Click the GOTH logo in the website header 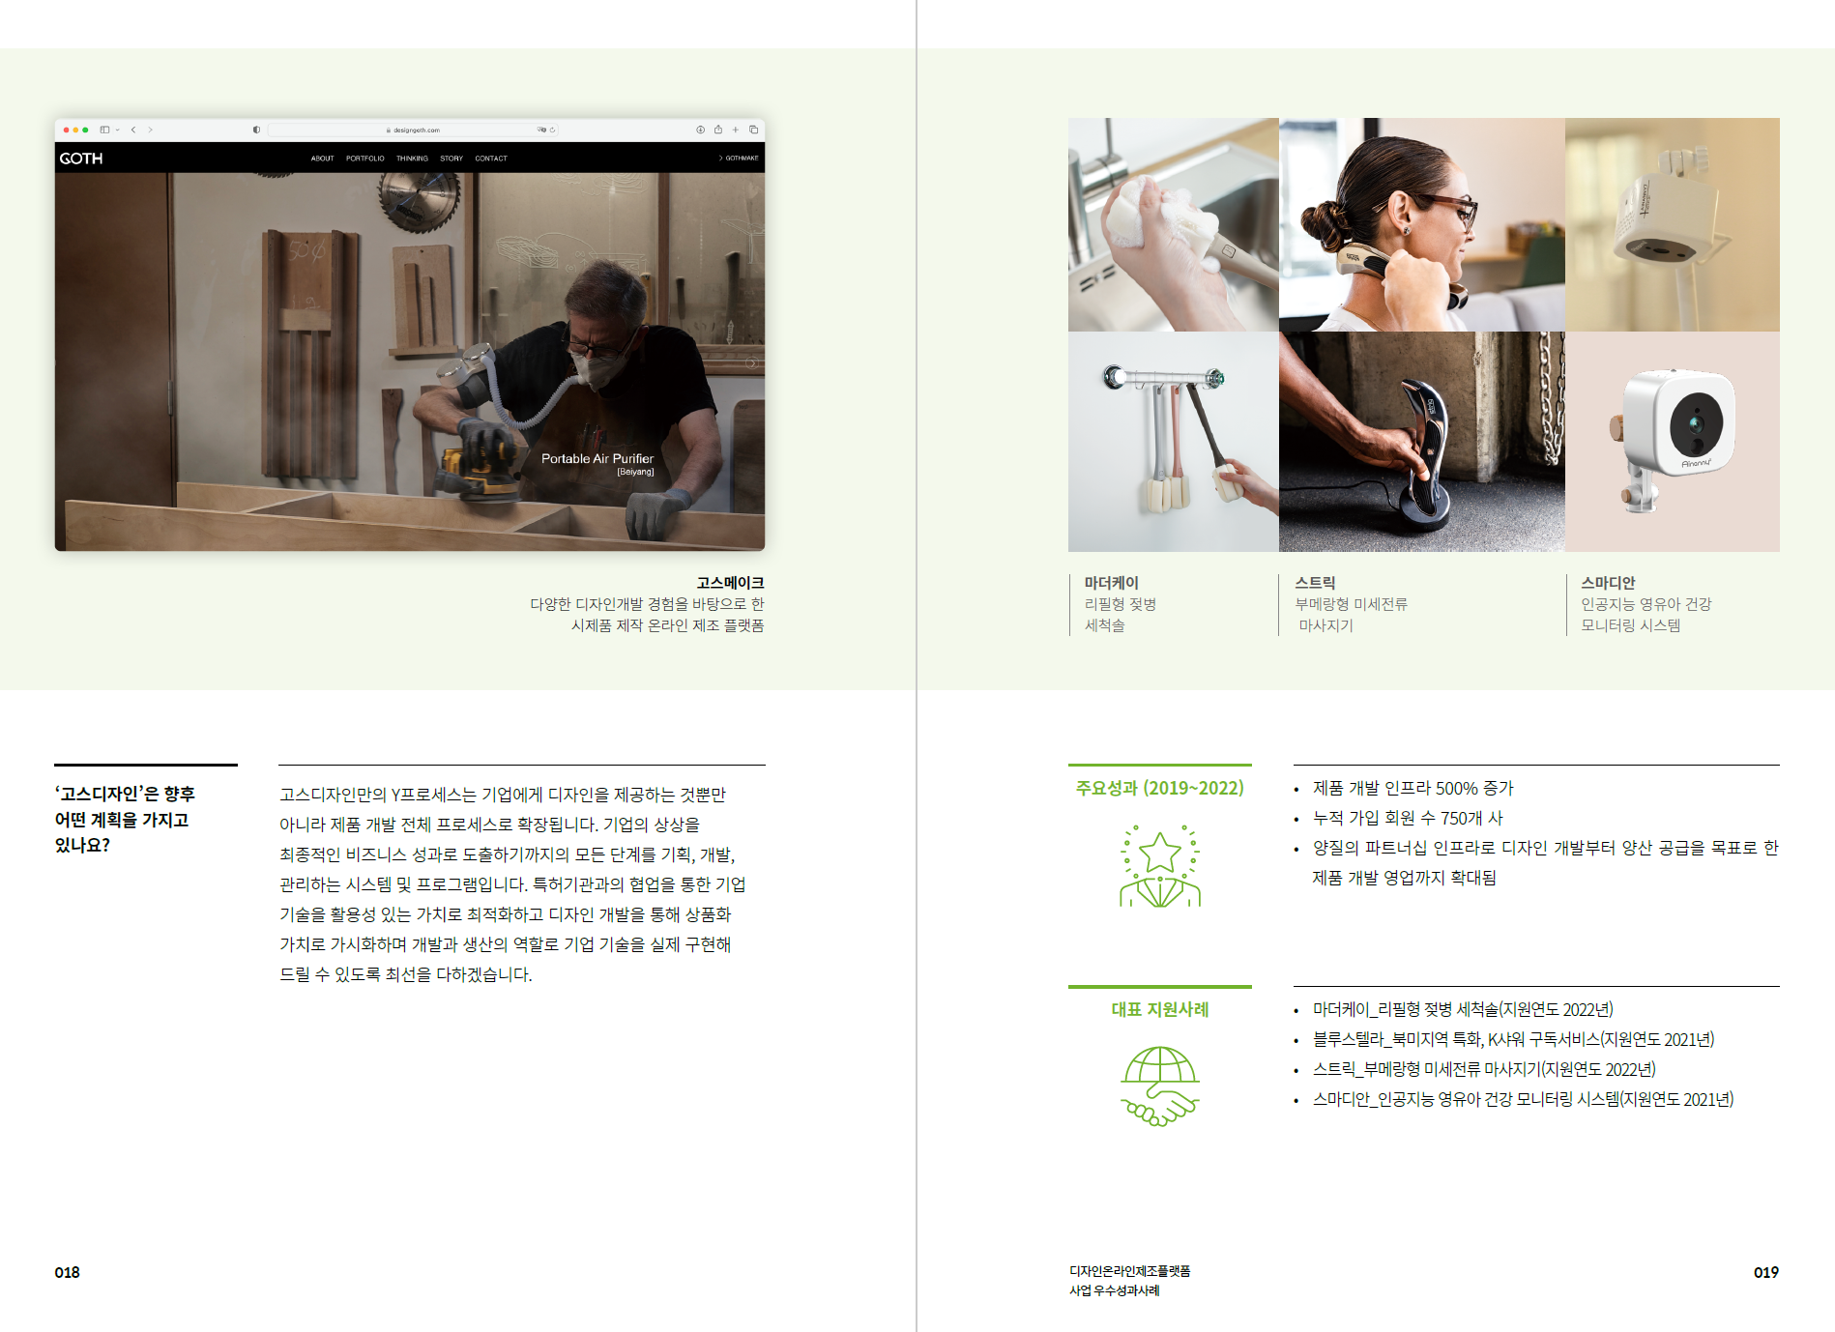(81, 159)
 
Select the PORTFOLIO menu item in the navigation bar (364, 159)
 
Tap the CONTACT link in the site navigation (491, 159)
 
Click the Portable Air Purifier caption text (597, 459)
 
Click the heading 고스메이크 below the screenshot (730, 583)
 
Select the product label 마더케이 (1112, 583)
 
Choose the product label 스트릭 (1315, 583)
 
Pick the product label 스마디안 (1608, 583)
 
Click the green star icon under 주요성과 (1160, 866)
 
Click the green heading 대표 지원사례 (1160, 1009)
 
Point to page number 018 (68, 1272)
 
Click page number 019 (1766, 1272)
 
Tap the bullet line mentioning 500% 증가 (1413, 789)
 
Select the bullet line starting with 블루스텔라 (1513, 1039)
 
